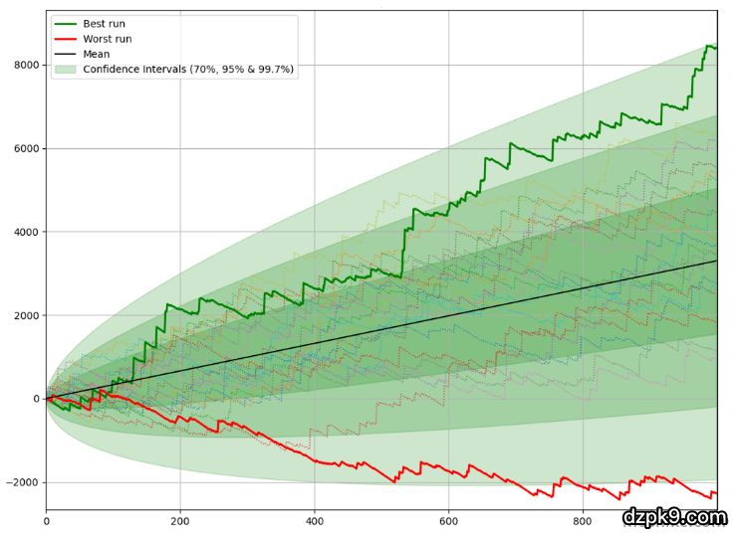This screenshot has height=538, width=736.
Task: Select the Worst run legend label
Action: coord(108,39)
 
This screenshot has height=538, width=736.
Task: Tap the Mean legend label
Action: coord(97,54)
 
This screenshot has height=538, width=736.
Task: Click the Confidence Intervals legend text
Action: coord(188,69)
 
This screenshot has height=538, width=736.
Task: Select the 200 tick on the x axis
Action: coord(180,520)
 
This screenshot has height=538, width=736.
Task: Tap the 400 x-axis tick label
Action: coord(314,520)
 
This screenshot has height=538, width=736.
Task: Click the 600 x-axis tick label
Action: coord(448,520)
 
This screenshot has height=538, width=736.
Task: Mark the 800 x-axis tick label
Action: coord(583,520)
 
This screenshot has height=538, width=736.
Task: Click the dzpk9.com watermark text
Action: coord(674,517)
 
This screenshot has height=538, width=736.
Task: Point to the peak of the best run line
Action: coord(708,46)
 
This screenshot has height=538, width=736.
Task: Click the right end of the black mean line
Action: coord(716,261)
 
